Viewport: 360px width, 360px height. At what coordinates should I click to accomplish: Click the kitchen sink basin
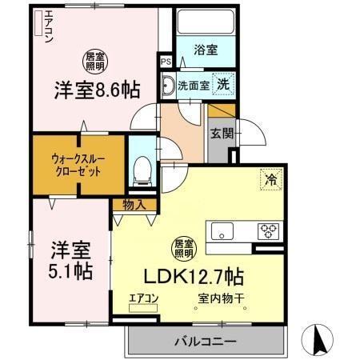click(221, 233)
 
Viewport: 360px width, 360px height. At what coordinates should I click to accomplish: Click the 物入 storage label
click(134, 205)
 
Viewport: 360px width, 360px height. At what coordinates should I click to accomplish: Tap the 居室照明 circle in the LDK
click(184, 248)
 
